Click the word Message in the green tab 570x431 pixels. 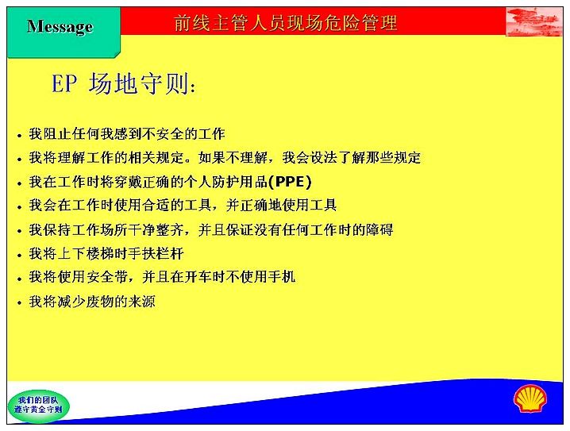(60, 26)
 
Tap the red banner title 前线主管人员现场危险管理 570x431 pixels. (286, 22)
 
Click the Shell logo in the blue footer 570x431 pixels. (530, 399)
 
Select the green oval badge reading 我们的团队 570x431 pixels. (38, 406)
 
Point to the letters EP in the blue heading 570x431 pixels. (64, 83)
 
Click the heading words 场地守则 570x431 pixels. (139, 83)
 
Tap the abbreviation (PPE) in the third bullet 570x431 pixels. (290, 182)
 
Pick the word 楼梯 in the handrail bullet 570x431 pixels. (109, 253)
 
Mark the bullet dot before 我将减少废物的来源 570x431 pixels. (20, 303)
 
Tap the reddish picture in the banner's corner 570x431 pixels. (534, 21)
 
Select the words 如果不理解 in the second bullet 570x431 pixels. (233, 158)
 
